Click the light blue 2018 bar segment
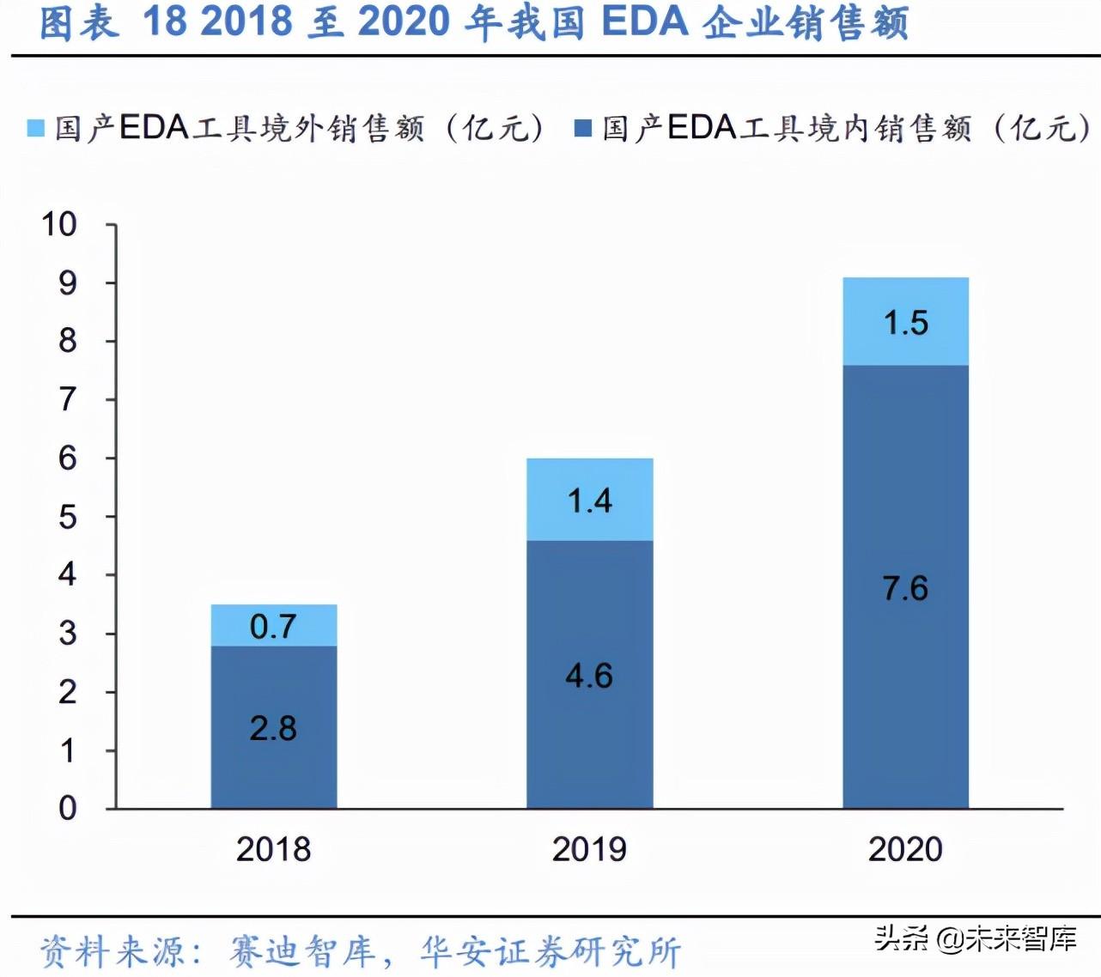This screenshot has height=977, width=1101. [274, 625]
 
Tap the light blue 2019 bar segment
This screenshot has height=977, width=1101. [589, 500]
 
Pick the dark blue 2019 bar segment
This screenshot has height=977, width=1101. [589, 674]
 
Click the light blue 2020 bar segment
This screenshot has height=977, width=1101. [905, 322]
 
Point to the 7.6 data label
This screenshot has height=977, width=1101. [905, 588]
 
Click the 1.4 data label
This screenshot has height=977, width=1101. [589, 500]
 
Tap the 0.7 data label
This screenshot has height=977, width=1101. [273, 627]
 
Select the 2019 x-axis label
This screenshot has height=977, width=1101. [589, 849]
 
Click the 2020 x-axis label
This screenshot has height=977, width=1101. [905, 849]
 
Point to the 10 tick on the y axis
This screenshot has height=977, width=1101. [59, 225]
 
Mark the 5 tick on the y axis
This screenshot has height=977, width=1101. [68, 517]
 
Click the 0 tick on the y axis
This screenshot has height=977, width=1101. [68, 808]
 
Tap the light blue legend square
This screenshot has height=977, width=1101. [35, 129]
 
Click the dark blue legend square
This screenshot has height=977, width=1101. [583, 129]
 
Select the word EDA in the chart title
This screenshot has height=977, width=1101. [645, 22]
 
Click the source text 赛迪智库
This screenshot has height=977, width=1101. [302, 951]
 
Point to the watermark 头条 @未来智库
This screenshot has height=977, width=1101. [976, 938]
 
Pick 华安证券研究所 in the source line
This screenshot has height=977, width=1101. [550, 951]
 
